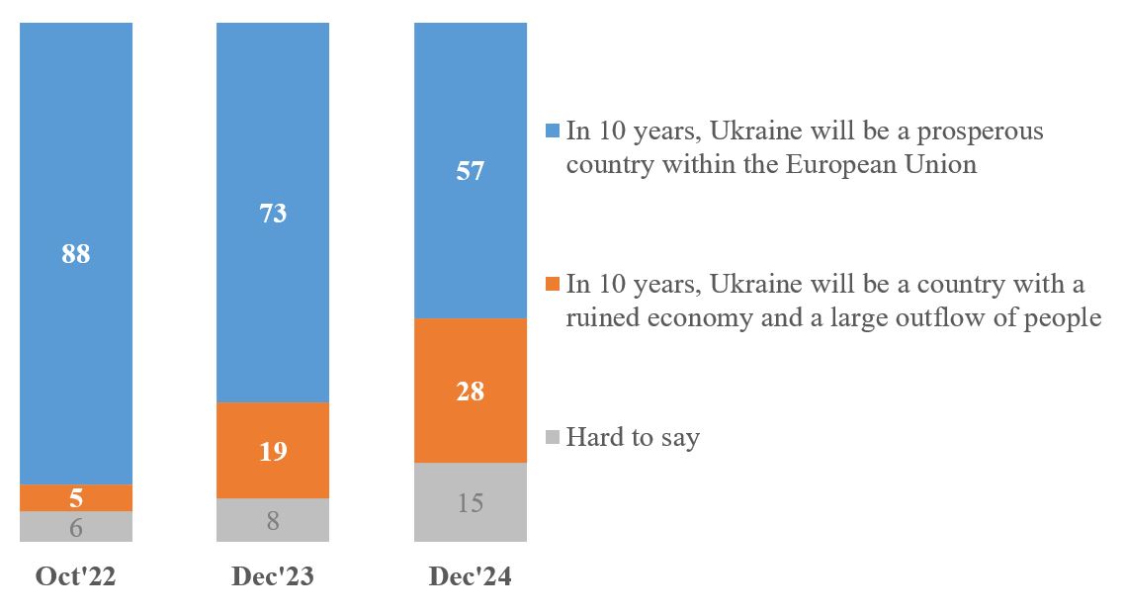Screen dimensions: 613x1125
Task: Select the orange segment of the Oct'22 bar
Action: [x=76, y=497]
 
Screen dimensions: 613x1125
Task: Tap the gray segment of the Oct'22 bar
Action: [x=76, y=526]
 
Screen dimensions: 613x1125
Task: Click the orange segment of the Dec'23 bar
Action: [x=273, y=450]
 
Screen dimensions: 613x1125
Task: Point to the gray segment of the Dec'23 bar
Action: [x=273, y=520]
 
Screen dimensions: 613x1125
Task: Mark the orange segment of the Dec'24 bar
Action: [x=471, y=390]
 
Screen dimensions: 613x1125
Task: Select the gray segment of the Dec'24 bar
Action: [x=471, y=502]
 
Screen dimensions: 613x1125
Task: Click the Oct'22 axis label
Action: [x=76, y=577]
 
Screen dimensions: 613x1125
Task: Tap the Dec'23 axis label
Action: [x=273, y=577]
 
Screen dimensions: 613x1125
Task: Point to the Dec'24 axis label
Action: [x=471, y=577]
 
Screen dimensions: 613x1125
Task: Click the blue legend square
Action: [x=553, y=131]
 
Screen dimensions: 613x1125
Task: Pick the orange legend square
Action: [x=553, y=285]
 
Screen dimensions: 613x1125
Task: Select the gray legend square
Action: [x=553, y=436]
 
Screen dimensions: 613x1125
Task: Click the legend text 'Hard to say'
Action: [x=633, y=437]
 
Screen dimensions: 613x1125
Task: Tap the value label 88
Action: [x=76, y=254]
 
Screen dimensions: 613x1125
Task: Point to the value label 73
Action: [x=273, y=213]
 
